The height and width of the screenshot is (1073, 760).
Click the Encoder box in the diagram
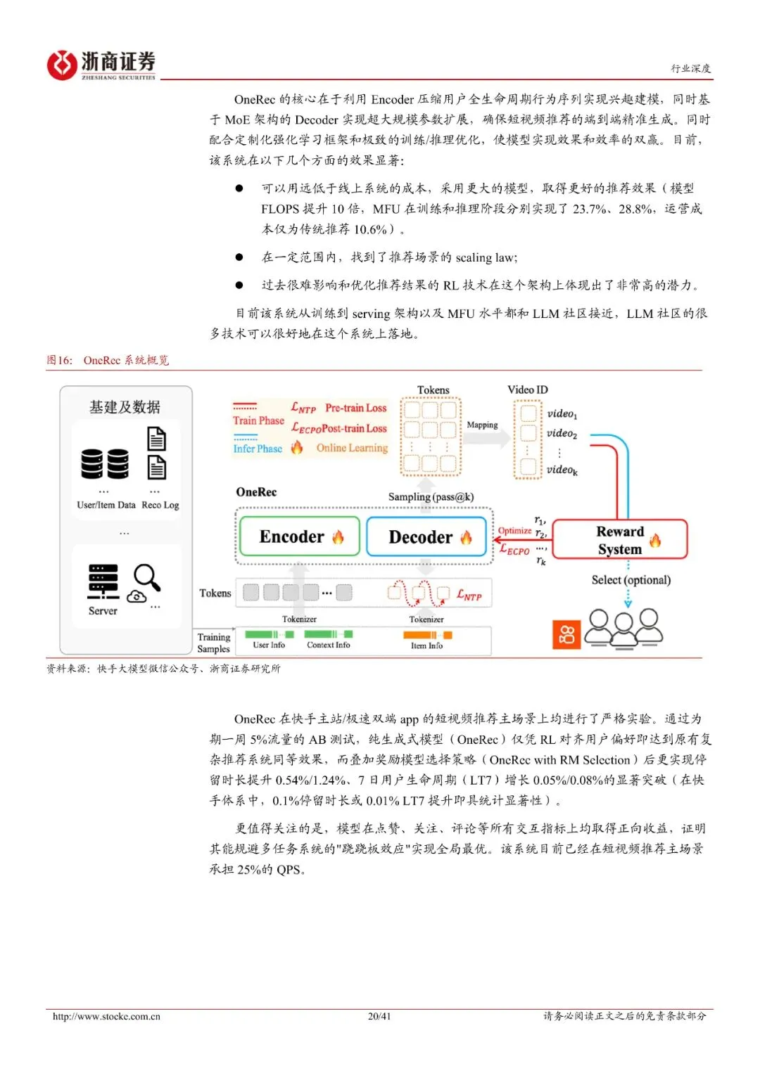click(299, 537)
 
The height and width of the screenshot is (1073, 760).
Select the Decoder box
click(426, 537)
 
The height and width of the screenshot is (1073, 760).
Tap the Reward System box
click(620, 540)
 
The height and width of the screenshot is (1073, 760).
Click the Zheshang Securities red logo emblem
click(61, 65)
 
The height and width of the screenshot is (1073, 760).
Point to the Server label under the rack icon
click(103, 611)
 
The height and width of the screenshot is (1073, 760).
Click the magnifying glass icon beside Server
click(147, 577)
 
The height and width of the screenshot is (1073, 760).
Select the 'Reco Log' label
click(160, 505)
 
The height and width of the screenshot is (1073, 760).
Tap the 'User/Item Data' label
click(106, 505)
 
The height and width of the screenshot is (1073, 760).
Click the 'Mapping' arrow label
click(482, 425)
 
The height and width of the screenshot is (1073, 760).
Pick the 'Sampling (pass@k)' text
click(431, 497)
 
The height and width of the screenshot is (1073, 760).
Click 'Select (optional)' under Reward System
click(631, 580)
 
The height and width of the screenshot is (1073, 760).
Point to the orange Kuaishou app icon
click(566, 634)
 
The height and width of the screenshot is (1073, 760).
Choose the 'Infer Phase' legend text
click(258, 449)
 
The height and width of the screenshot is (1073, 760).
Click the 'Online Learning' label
click(352, 448)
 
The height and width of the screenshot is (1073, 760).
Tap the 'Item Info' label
click(426, 645)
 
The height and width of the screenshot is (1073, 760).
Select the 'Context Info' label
click(328, 645)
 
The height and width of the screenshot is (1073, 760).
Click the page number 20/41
click(379, 1016)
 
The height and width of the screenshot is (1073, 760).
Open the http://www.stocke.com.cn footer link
click(106, 1016)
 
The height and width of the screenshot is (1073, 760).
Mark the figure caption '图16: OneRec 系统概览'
click(108, 360)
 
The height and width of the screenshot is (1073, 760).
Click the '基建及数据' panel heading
click(125, 407)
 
